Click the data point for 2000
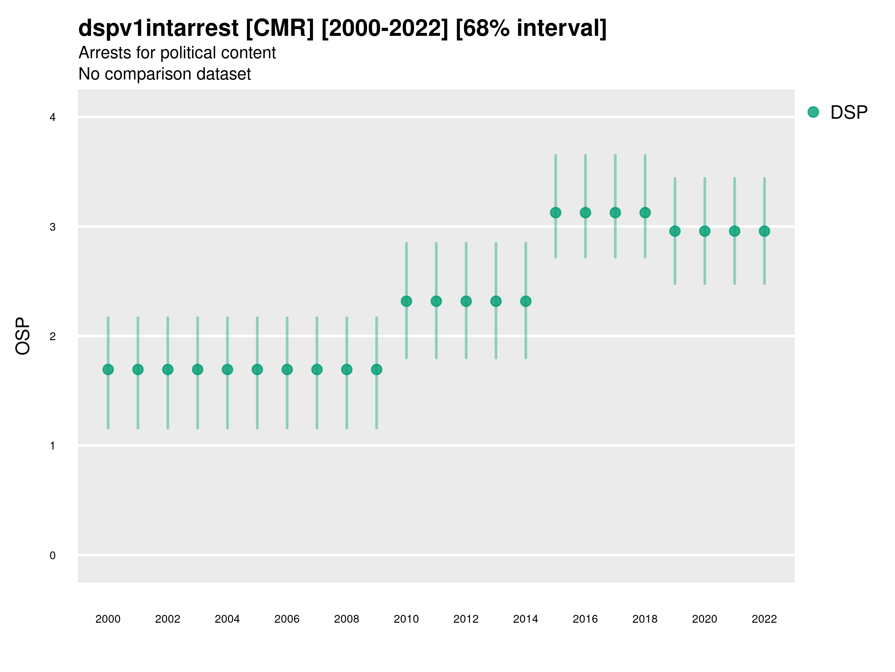(x=108, y=370)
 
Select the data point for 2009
(x=376, y=370)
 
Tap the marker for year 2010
(x=406, y=301)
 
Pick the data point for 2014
(x=525, y=301)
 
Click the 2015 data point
(x=556, y=213)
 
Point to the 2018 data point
(x=645, y=213)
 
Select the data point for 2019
(x=675, y=231)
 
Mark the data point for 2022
(x=764, y=231)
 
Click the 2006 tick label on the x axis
(x=287, y=619)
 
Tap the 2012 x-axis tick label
(x=466, y=619)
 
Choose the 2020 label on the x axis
(x=704, y=619)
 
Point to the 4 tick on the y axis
(x=53, y=118)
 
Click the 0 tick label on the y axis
(x=53, y=556)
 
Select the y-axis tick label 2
(x=53, y=336)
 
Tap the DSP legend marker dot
(x=813, y=112)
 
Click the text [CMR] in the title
(x=280, y=28)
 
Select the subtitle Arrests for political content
(x=177, y=53)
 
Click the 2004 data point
(x=227, y=370)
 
